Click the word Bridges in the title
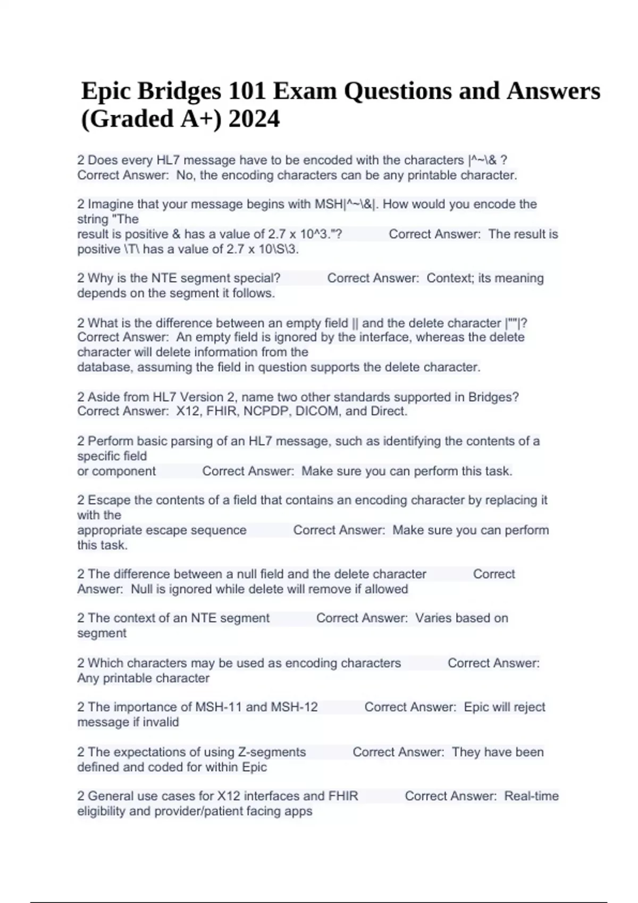point(179,91)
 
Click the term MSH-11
point(219,707)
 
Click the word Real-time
point(531,796)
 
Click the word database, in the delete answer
point(105,367)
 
